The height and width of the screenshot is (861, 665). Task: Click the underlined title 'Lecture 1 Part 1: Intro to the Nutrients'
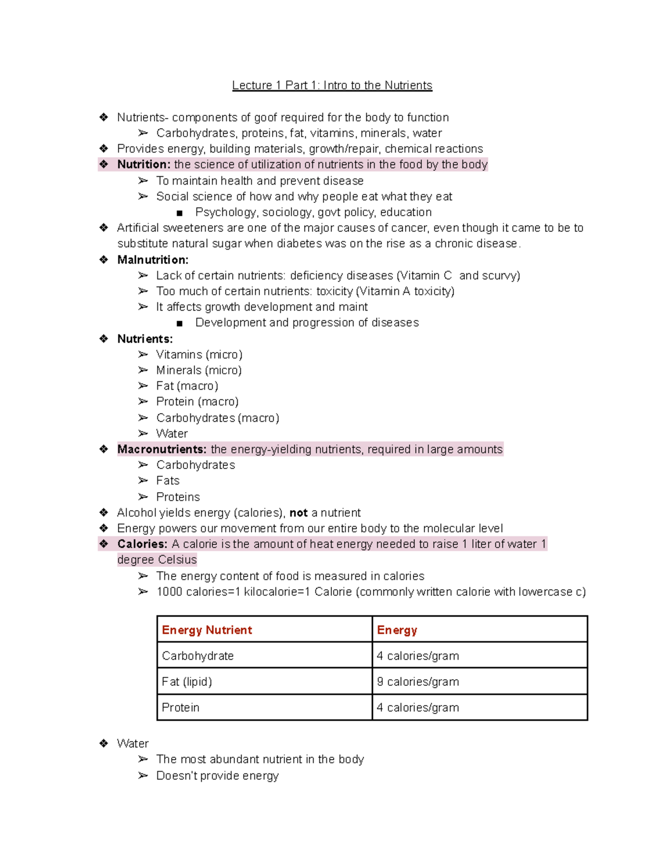[x=332, y=85]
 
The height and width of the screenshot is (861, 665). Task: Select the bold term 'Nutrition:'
[x=144, y=165]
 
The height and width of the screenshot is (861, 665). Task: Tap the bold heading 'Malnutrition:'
[x=152, y=260]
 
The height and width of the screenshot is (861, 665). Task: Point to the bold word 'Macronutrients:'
[x=162, y=450]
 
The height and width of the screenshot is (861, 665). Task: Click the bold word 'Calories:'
[x=142, y=544]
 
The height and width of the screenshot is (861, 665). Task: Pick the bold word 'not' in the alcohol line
[x=298, y=513]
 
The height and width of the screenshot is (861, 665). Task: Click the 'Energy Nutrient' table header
[x=207, y=630]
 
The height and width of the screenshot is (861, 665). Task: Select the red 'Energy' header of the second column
[x=397, y=630]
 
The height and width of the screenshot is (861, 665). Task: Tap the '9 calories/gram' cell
[x=418, y=682]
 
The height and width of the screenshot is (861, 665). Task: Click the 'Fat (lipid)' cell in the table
[x=187, y=682]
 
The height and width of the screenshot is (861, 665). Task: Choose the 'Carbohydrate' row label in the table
[x=197, y=656]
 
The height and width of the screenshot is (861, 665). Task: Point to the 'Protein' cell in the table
[x=180, y=707]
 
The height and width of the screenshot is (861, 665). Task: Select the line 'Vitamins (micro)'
[x=199, y=355]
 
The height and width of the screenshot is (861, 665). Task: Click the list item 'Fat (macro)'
[x=187, y=386]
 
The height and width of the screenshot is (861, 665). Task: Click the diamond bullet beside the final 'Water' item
[x=104, y=743]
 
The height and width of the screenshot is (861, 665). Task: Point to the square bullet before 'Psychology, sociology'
[x=179, y=213]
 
